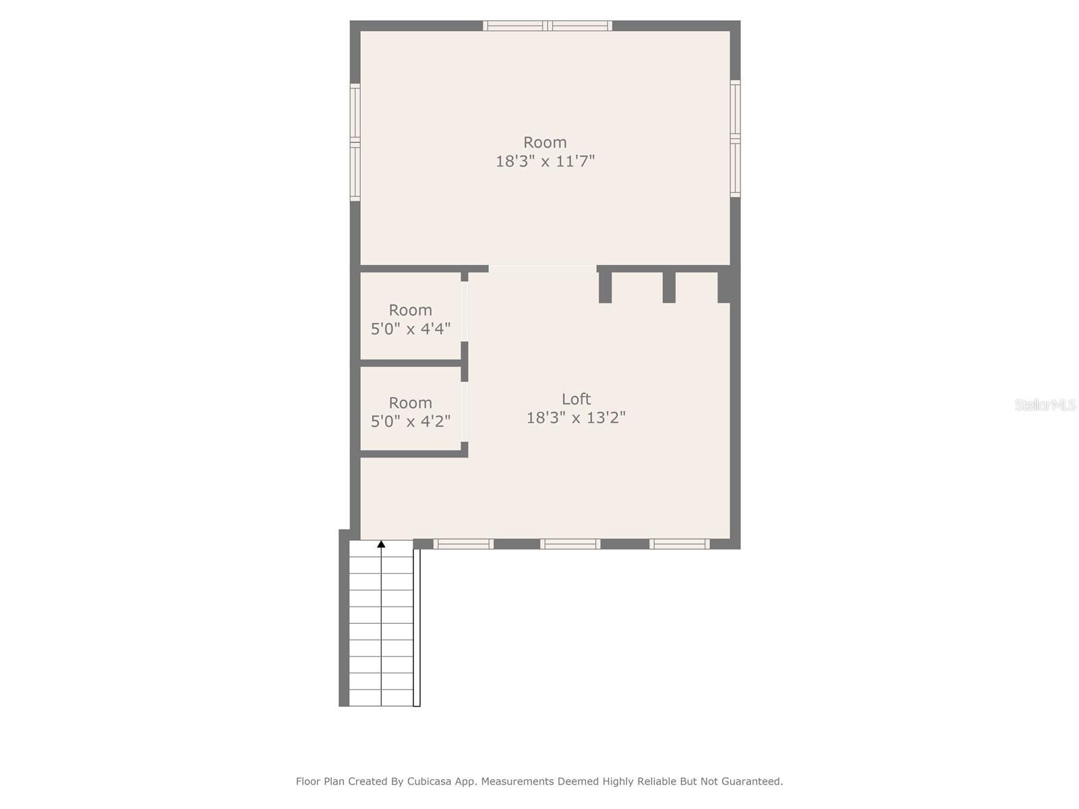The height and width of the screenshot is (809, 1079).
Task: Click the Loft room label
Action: [x=576, y=398]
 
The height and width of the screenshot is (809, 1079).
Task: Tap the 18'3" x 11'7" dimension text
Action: [x=545, y=161]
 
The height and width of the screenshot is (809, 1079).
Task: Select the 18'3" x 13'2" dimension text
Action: [x=576, y=417]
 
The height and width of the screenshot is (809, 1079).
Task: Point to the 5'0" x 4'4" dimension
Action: [x=411, y=329]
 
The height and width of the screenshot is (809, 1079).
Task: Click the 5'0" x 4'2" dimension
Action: [x=411, y=421]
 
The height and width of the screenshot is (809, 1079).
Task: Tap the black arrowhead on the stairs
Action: [x=381, y=544]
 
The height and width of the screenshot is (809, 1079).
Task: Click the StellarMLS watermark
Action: [x=1045, y=404]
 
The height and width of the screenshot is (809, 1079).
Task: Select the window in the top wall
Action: [x=547, y=26]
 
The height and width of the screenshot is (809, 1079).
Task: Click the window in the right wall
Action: [x=735, y=139]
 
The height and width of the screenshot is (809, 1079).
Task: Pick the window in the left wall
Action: [x=355, y=142]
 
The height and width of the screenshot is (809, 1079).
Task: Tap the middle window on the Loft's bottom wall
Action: [x=570, y=544]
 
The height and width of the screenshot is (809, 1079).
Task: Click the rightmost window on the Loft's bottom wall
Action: [x=679, y=544]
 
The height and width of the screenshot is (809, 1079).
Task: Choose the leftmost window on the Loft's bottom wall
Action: [x=463, y=544]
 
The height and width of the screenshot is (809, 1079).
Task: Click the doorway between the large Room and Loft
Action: [x=542, y=269]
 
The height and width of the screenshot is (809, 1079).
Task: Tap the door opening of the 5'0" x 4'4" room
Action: [x=464, y=311]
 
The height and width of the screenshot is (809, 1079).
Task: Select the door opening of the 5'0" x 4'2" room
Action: [x=464, y=412]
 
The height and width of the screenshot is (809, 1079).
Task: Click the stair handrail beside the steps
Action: [x=417, y=627]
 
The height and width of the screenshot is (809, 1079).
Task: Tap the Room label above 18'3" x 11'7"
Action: [x=545, y=142]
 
